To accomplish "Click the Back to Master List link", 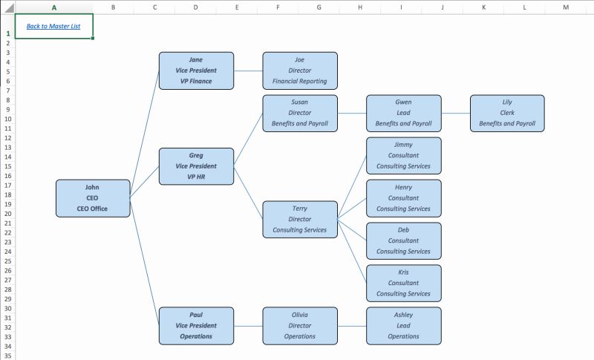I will coord(53,26).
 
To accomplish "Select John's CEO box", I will coord(93,198).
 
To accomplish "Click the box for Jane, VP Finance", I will coord(196,71).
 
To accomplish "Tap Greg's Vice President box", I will coord(196,166).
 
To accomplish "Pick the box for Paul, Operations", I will coord(196,325).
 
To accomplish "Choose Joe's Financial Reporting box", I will coord(299,71).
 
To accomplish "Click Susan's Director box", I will coord(299,113).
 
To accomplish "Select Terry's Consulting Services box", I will coord(299,219).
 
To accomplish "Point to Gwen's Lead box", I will coord(403,113).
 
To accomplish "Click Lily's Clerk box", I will coord(507,113).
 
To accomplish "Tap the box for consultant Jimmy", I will coord(403,156).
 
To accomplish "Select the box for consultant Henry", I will coord(403,198).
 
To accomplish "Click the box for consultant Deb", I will coord(403,240).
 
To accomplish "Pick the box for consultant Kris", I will coord(403,283).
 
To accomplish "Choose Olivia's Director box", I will coord(299,325).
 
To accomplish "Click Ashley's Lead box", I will coord(403,325).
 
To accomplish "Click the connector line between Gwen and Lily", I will coord(456,114).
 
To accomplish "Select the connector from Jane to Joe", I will coord(248,71).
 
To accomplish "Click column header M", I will coord(566,7).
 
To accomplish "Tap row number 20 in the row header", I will coord(7,213).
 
